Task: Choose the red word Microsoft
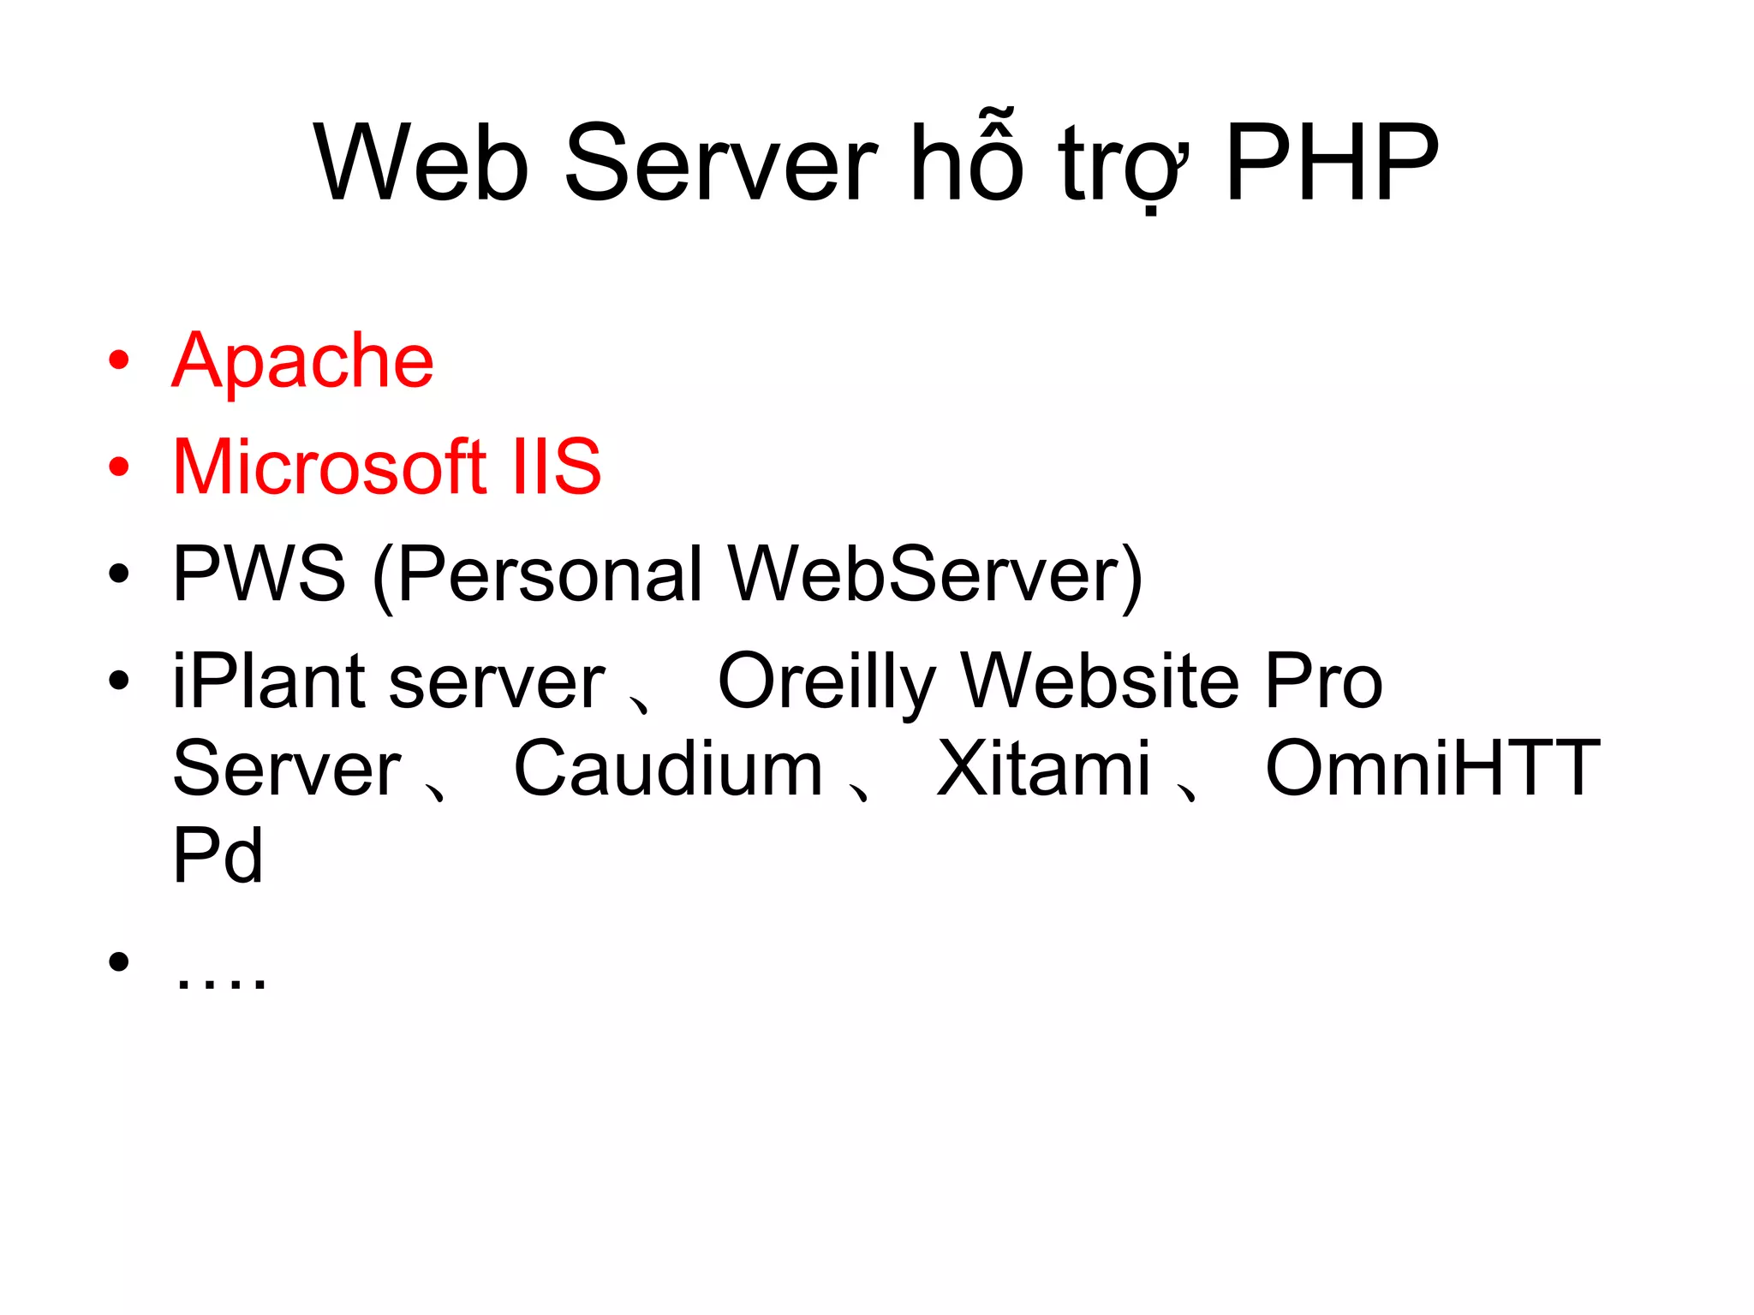[330, 467]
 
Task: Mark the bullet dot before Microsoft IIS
[119, 467]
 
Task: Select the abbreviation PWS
[259, 574]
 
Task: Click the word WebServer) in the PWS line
[935, 575]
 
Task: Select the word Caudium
[668, 769]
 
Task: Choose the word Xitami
[1043, 769]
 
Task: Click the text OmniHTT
[1432, 769]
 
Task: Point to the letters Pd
[218, 856]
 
